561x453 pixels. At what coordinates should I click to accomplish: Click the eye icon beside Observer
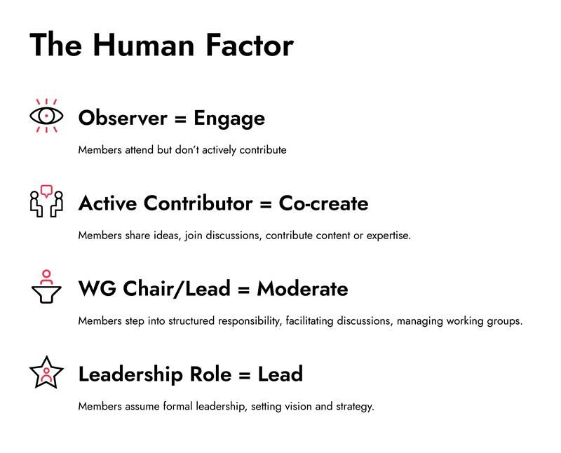pyautogui.click(x=46, y=116)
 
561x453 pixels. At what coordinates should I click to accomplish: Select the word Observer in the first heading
pyautogui.click(x=122, y=118)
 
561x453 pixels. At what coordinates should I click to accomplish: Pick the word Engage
pyautogui.click(x=229, y=119)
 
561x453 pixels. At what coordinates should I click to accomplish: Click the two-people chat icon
pyautogui.click(x=46, y=202)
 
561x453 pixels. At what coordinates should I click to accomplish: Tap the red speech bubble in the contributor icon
pyautogui.click(x=46, y=190)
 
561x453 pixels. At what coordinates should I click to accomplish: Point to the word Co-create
pyautogui.click(x=323, y=203)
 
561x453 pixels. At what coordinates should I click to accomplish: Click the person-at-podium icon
pyautogui.click(x=46, y=287)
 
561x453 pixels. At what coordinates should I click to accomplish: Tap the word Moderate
pyautogui.click(x=302, y=289)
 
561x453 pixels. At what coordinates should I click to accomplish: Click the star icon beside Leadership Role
pyautogui.click(x=46, y=372)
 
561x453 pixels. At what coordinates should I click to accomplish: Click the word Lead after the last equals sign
pyautogui.click(x=280, y=374)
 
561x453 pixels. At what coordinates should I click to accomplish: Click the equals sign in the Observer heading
pyautogui.click(x=180, y=119)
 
